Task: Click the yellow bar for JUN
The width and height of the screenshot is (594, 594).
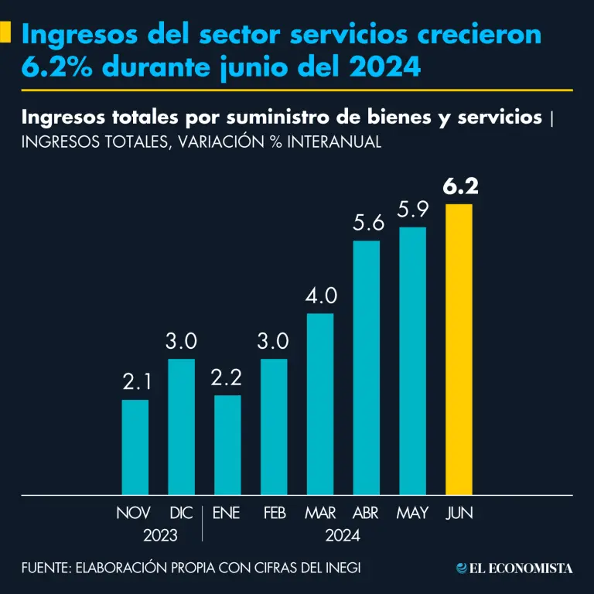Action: pos(459,349)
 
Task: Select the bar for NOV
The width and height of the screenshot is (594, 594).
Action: pos(135,446)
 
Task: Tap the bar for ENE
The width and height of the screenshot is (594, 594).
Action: pos(227,444)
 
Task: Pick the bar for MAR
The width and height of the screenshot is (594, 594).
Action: pos(319,403)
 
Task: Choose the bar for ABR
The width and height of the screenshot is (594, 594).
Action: pos(366,367)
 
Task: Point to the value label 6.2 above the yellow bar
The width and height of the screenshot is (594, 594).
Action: pos(459,187)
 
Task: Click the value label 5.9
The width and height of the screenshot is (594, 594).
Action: pos(413,210)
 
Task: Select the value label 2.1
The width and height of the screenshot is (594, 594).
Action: pos(135,382)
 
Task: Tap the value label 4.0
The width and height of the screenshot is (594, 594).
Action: pos(320,296)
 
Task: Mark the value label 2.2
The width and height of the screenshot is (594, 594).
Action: pos(227,378)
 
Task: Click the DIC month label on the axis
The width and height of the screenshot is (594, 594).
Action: pos(181,513)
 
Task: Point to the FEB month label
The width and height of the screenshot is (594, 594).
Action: pos(274,513)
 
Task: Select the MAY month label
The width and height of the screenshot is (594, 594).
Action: pos(412,513)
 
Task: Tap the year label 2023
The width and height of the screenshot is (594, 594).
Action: pos(160,535)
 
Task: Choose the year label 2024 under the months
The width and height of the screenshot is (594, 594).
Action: pos(343,535)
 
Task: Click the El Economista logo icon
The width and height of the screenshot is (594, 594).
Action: pos(462,568)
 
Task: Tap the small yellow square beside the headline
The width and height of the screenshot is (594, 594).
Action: pos(5,32)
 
